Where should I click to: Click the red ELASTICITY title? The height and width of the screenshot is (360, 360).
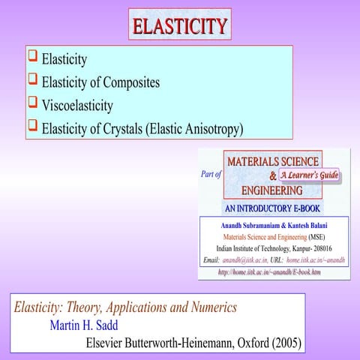coord(180,25)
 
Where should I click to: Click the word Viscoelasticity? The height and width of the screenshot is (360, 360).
coord(77,106)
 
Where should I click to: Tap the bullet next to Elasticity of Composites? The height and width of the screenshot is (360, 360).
coord(32,79)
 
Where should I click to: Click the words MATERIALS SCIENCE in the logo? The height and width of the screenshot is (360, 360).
coord(273,161)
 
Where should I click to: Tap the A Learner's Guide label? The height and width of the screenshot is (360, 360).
coord(310,175)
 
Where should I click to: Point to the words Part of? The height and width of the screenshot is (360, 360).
coord(211,175)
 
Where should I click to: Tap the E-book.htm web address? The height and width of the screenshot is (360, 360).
coord(269,271)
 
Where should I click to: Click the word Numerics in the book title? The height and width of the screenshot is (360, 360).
coord(210,307)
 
